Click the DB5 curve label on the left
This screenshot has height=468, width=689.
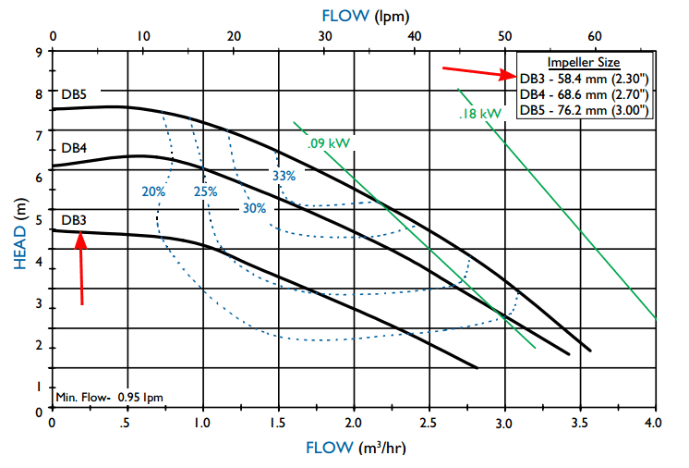pyautogui.click(x=75, y=93)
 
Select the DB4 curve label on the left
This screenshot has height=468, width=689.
pyautogui.click(x=75, y=148)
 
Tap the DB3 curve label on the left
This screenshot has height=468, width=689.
pyautogui.click(x=75, y=220)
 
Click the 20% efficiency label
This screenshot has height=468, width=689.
pyautogui.click(x=153, y=192)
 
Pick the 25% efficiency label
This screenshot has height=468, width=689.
pyautogui.click(x=205, y=192)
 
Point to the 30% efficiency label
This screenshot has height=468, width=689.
pyautogui.click(x=254, y=208)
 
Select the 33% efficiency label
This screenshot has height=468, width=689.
pyautogui.click(x=284, y=176)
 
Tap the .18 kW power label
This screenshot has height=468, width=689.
pyautogui.click(x=480, y=114)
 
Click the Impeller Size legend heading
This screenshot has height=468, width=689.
pyautogui.click(x=583, y=62)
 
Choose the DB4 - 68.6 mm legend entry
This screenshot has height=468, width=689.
pyautogui.click(x=583, y=94)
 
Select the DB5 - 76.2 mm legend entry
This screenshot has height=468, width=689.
pyautogui.click(x=583, y=110)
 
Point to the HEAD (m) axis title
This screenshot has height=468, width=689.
pyautogui.click(x=21, y=231)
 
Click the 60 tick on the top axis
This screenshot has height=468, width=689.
pyautogui.click(x=594, y=36)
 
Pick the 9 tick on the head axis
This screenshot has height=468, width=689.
pyautogui.click(x=39, y=52)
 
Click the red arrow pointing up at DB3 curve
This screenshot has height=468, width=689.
pyautogui.click(x=82, y=268)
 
